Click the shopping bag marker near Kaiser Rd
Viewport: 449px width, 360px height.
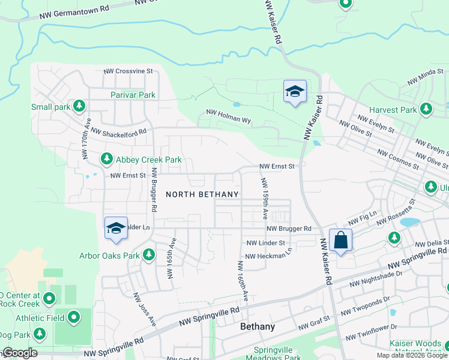tap(340, 240)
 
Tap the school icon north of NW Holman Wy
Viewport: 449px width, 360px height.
tap(295, 92)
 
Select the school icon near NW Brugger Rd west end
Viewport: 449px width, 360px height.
tap(116, 229)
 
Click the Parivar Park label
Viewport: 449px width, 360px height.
tap(133, 95)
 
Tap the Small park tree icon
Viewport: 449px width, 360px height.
tap(79, 107)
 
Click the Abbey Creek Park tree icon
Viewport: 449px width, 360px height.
tap(106, 159)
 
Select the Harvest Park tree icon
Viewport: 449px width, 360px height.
tap(426, 109)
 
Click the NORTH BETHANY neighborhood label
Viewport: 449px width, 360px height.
tap(202, 194)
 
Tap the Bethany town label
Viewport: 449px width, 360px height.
tap(257, 327)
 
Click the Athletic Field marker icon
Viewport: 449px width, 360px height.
tap(74, 317)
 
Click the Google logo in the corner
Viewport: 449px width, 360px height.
tap(19, 353)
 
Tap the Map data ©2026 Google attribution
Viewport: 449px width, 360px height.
tap(411, 355)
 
